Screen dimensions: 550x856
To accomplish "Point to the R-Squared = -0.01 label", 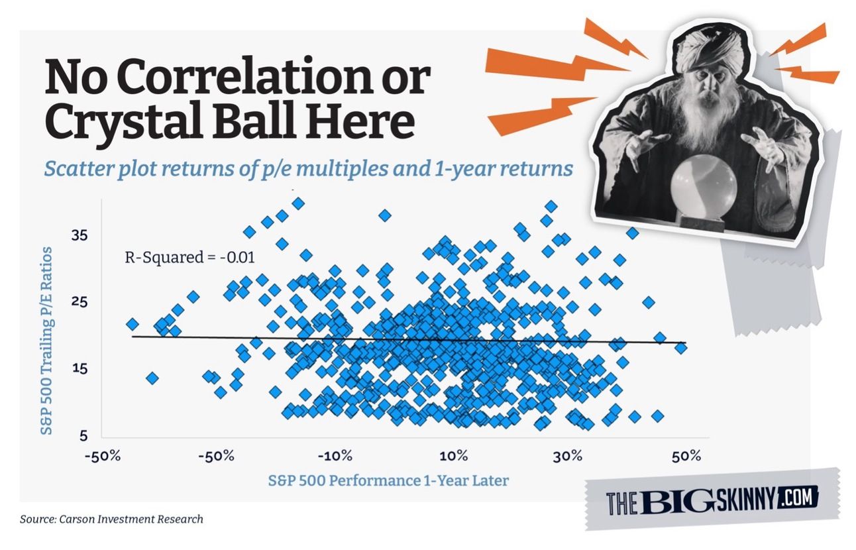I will coord(190,258).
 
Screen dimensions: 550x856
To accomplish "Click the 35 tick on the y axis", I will coord(79,236).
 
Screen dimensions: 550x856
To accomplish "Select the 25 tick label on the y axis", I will coord(79,302).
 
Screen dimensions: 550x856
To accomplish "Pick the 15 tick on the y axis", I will coord(79,368).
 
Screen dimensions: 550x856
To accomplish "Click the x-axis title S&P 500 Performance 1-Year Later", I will coord(388,480).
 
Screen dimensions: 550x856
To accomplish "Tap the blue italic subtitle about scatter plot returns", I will coord(308,169).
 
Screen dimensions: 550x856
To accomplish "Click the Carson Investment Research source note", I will coord(111,519).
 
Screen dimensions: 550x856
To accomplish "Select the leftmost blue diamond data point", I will coord(132,324).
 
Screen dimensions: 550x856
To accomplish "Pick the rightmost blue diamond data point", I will coord(681,348).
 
